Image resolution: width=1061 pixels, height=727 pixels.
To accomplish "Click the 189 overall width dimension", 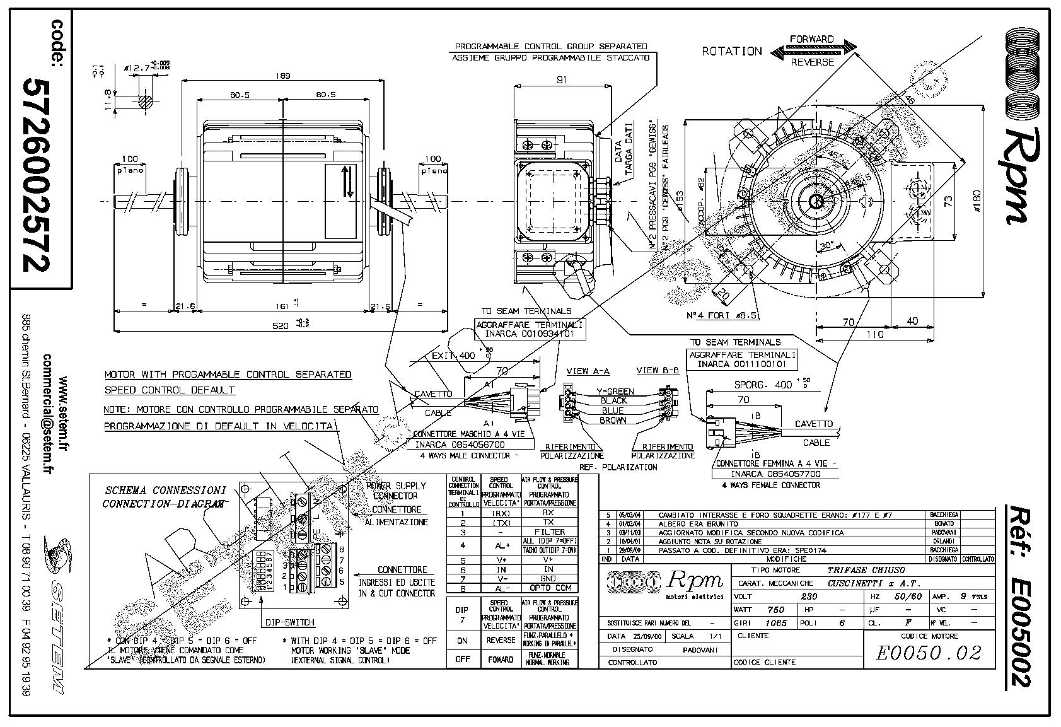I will (x=283, y=76).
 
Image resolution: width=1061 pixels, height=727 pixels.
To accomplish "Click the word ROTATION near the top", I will (x=732, y=52).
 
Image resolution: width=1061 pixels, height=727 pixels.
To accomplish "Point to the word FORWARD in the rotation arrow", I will (x=812, y=40).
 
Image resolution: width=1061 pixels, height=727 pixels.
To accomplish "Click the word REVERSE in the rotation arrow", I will (x=812, y=62).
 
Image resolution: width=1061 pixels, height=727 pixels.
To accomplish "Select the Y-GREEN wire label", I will (x=615, y=392).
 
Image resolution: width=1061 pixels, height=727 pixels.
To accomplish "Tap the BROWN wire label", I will (x=613, y=420).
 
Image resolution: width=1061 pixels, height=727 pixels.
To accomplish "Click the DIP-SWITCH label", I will (x=289, y=622).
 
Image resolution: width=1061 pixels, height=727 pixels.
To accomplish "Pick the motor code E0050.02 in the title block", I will (x=929, y=653).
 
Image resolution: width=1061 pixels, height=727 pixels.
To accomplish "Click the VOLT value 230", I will (x=808, y=596).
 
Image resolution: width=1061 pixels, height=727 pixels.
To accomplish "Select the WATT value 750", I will (x=775, y=610).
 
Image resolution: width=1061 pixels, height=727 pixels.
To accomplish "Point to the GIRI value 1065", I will (x=775, y=623).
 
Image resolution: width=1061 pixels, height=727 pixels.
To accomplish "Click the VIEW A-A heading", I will (x=588, y=371).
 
